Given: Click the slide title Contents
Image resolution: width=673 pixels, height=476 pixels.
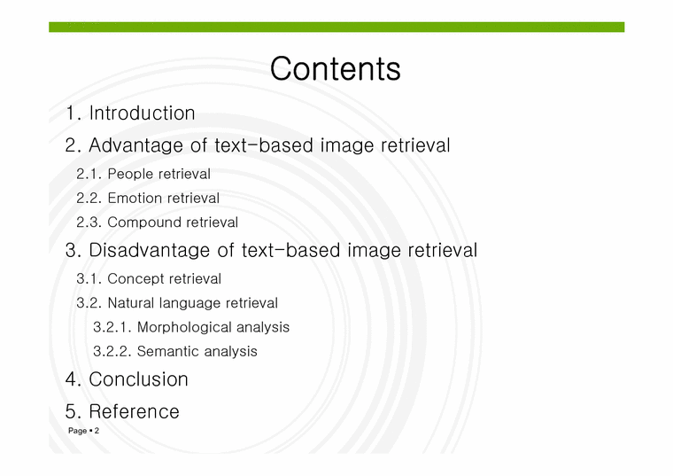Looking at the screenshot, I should click(335, 69).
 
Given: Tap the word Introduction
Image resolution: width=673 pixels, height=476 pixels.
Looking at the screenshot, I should click(142, 113).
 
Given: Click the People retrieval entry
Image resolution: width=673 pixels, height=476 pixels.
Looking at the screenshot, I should click(159, 175).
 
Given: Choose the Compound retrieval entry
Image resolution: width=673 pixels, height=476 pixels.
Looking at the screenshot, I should click(172, 222).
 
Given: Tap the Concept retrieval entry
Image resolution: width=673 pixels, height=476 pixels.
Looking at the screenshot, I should click(164, 279).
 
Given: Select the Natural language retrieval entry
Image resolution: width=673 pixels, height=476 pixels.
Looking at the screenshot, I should click(192, 303).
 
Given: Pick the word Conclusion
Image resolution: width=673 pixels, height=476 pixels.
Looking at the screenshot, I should click(138, 379).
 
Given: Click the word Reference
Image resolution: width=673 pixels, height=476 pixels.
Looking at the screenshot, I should click(134, 411).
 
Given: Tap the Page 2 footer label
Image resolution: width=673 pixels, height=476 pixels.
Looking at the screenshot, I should click(84, 431).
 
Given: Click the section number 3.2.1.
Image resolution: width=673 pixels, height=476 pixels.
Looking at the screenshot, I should click(112, 327).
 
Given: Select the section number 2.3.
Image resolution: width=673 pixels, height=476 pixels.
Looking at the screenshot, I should click(89, 222).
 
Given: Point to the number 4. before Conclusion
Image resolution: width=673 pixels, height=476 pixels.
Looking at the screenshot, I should click(73, 379).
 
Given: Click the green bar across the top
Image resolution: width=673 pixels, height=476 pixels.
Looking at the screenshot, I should click(336, 27).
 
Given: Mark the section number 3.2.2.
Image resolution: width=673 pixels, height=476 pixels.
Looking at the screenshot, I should click(112, 351).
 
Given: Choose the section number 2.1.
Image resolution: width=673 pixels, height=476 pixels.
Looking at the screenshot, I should click(89, 175).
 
